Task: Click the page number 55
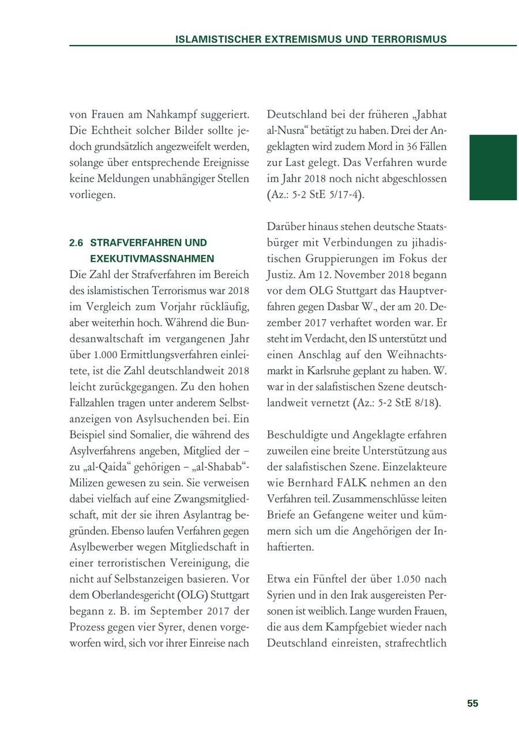472,703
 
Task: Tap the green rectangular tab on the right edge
493,167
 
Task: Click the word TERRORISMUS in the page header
408,39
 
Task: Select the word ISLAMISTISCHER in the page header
219,39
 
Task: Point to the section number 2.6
77,243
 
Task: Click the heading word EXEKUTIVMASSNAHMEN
152,259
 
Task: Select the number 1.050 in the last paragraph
413,579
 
